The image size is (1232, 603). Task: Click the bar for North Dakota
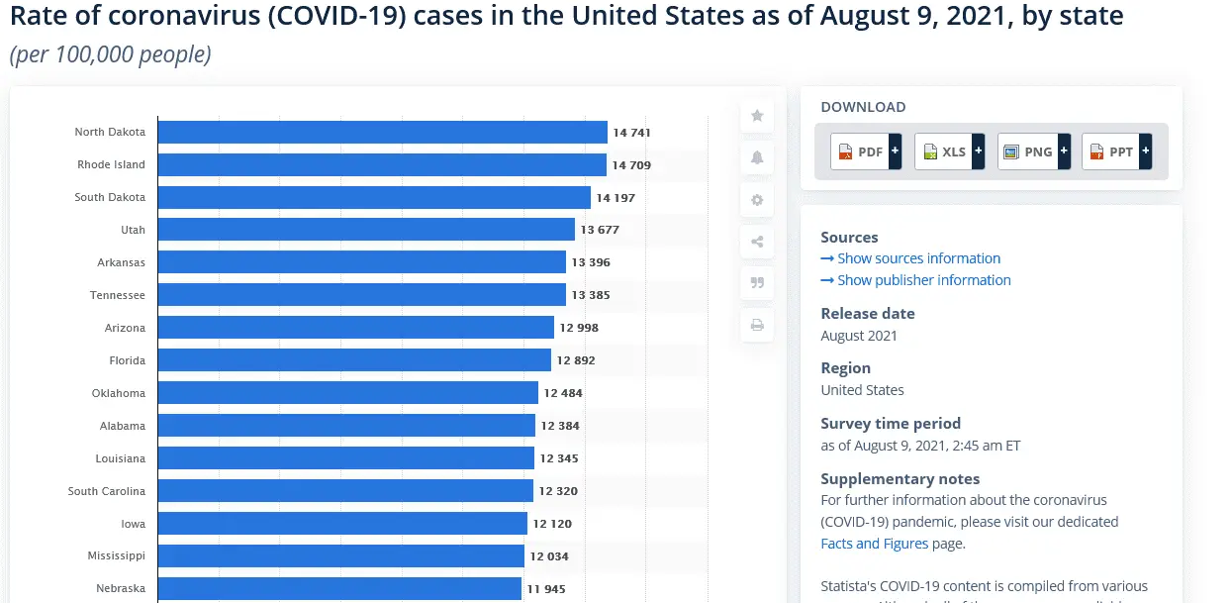[x=382, y=133]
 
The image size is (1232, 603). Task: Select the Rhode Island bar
[x=382, y=165]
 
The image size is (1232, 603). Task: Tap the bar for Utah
[x=366, y=230]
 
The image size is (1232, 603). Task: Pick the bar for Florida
[x=354, y=360]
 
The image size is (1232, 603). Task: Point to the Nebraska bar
[x=339, y=588]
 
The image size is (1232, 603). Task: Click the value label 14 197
[x=616, y=198]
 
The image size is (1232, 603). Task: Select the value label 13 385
[x=591, y=295]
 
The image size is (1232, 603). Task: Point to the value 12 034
[x=549, y=556]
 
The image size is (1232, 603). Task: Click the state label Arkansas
[x=121, y=262]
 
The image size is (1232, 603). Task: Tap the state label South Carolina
[x=106, y=491]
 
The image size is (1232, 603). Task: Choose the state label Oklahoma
[x=118, y=393]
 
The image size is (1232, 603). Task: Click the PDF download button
[x=866, y=151]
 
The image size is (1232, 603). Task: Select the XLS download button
[x=949, y=151]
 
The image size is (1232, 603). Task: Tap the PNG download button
[x=1033, y=151]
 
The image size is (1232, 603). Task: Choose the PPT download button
[x=1117, y=151]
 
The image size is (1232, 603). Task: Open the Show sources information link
[x=910, y=258]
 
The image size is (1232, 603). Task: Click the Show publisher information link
[x=915, y=280]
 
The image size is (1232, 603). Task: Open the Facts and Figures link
[x=875, y=544]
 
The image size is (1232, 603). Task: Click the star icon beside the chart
[x=757, y=116]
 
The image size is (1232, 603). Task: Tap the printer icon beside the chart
[x=757, y=325]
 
